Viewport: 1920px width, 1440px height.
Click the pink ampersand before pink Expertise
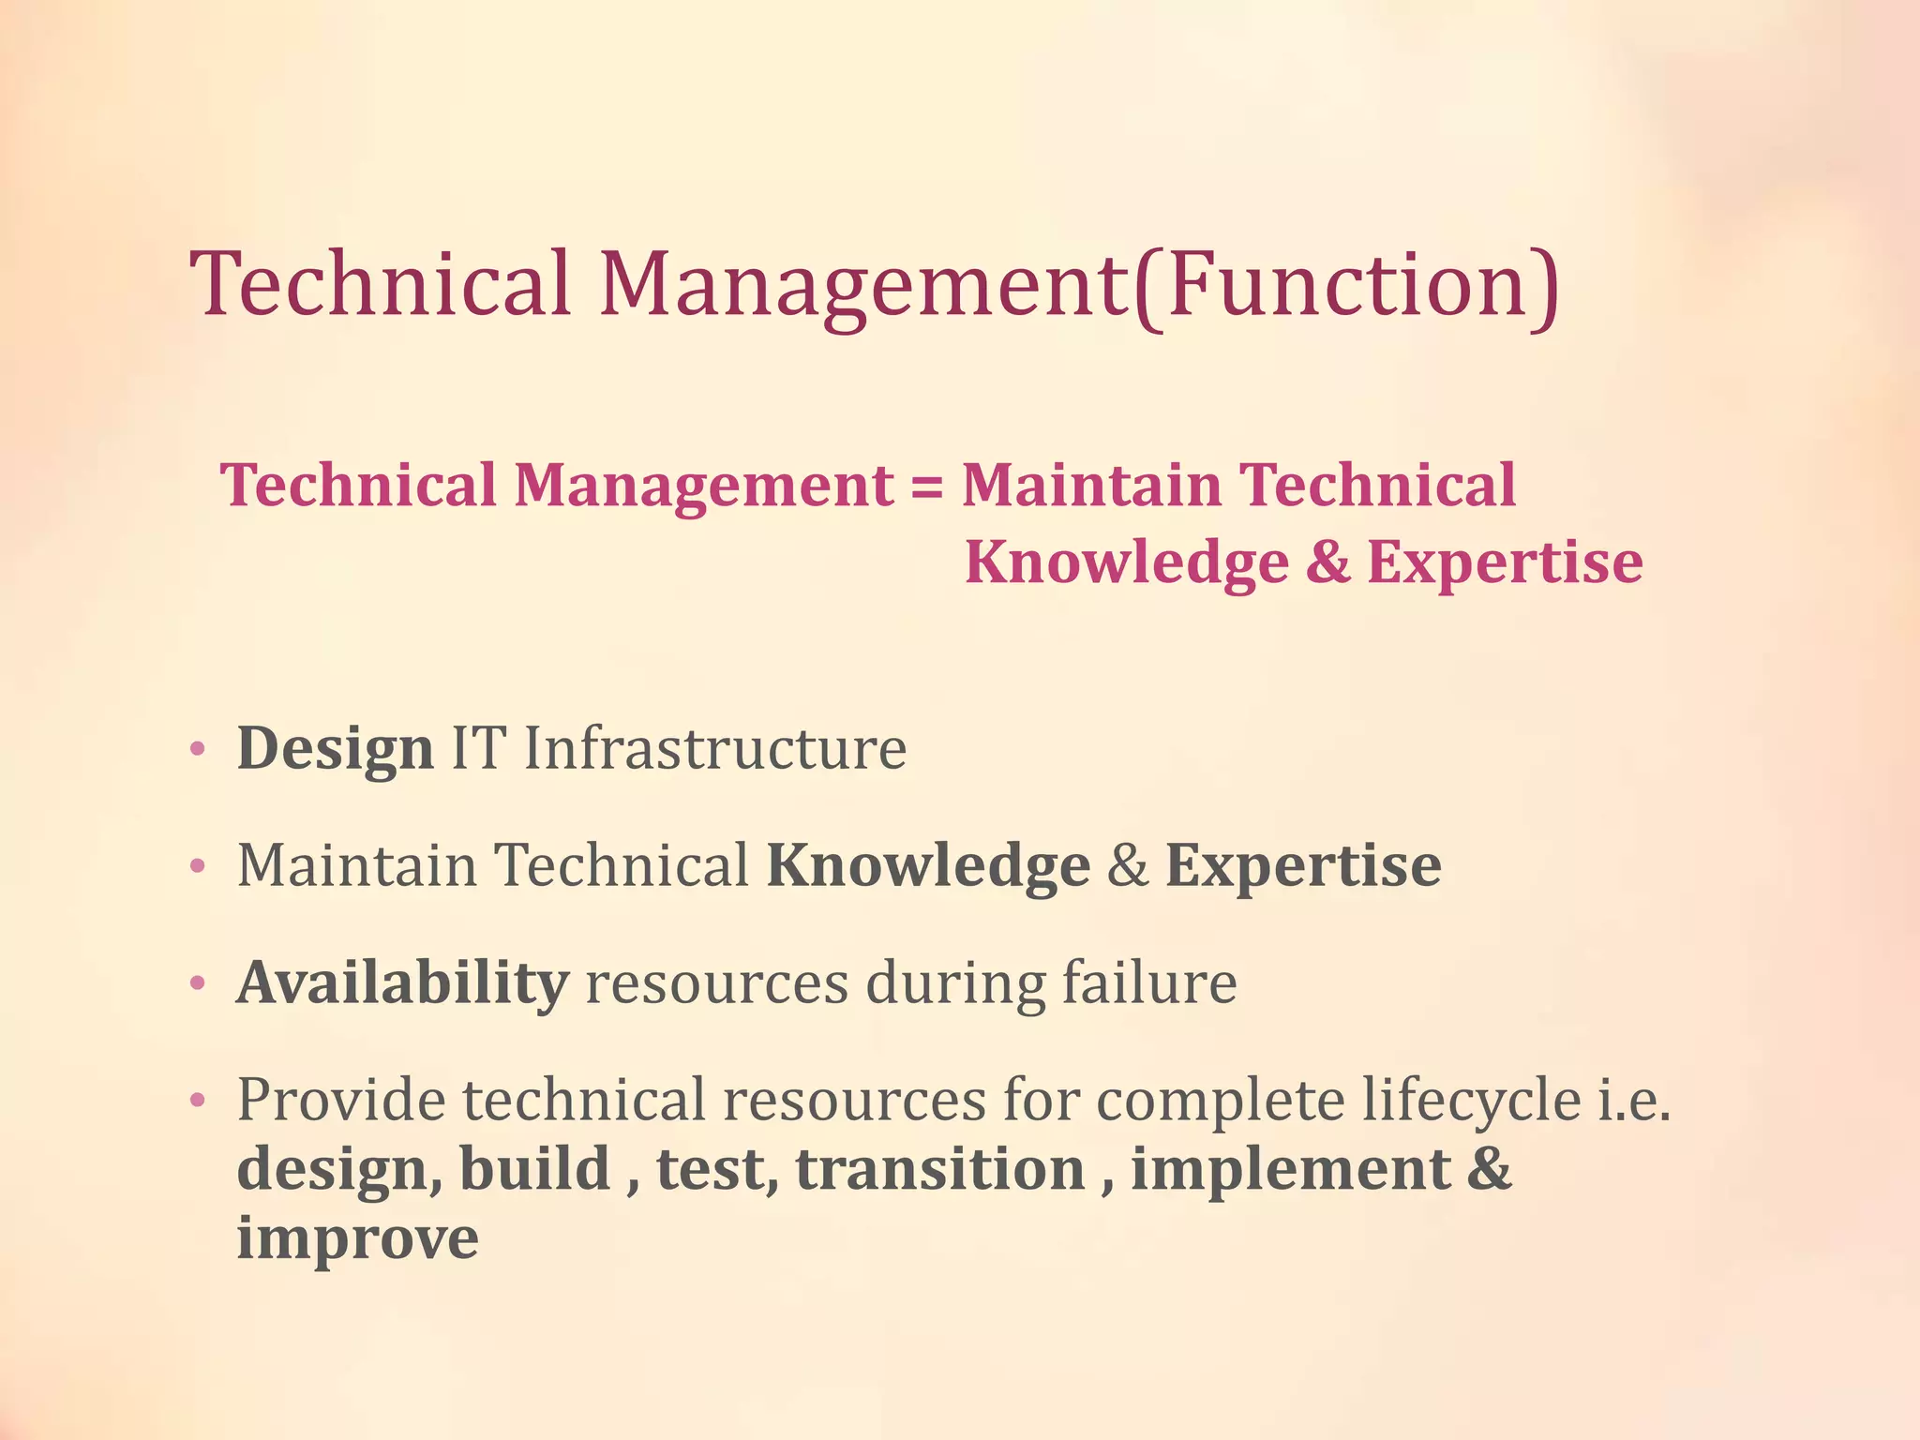(x=1327, y=562)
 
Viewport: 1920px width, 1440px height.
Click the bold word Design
(x=335, y=749)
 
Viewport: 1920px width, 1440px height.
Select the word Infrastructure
(x=714, y=749)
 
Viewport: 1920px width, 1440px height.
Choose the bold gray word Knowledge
(x=928, y=865)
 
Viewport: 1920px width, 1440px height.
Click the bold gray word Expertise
(x=1303, y=867)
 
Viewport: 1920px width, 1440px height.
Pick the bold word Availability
(x=402, y=983)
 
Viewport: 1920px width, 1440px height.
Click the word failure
(x=1149, y=983)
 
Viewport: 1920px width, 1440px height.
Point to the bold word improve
(x=357, y=1240)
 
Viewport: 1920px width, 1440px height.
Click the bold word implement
(x=1291, y=1172)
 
